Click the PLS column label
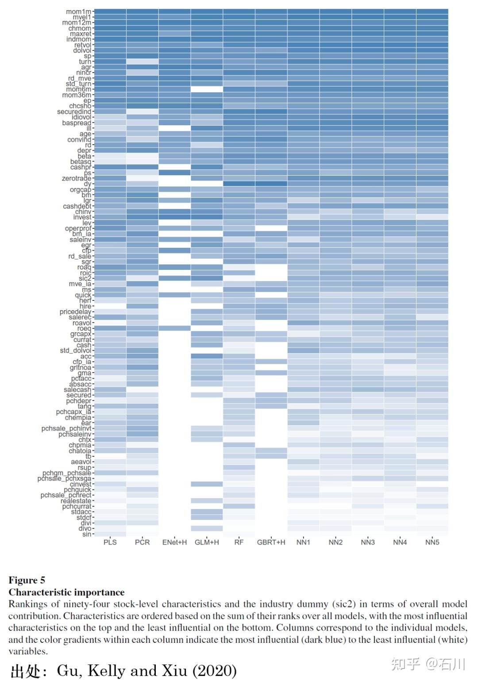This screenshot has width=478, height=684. click(110, 542)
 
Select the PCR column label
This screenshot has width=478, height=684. click(142, 542)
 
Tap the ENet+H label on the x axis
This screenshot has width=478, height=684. click(174, 542)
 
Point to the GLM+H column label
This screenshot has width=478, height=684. click(207, 542)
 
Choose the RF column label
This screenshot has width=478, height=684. click(239, 542)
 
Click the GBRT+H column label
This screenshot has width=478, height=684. click(271, 542)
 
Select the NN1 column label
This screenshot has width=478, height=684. click(303, 542)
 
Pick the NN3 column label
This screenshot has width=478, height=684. click(368, 542)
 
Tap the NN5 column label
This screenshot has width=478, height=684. click(432, 542)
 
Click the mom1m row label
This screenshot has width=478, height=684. click(79, 12)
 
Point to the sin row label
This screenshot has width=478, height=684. click(87, 534)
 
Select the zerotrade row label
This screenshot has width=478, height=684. click(77, 178)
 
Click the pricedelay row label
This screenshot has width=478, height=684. click(75, 312)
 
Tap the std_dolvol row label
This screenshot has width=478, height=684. click(76, 351)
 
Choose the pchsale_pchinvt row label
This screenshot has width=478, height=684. click(66, 429)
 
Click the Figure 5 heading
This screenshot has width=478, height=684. click(27, 580)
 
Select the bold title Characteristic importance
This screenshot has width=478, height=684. click(66, 592)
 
